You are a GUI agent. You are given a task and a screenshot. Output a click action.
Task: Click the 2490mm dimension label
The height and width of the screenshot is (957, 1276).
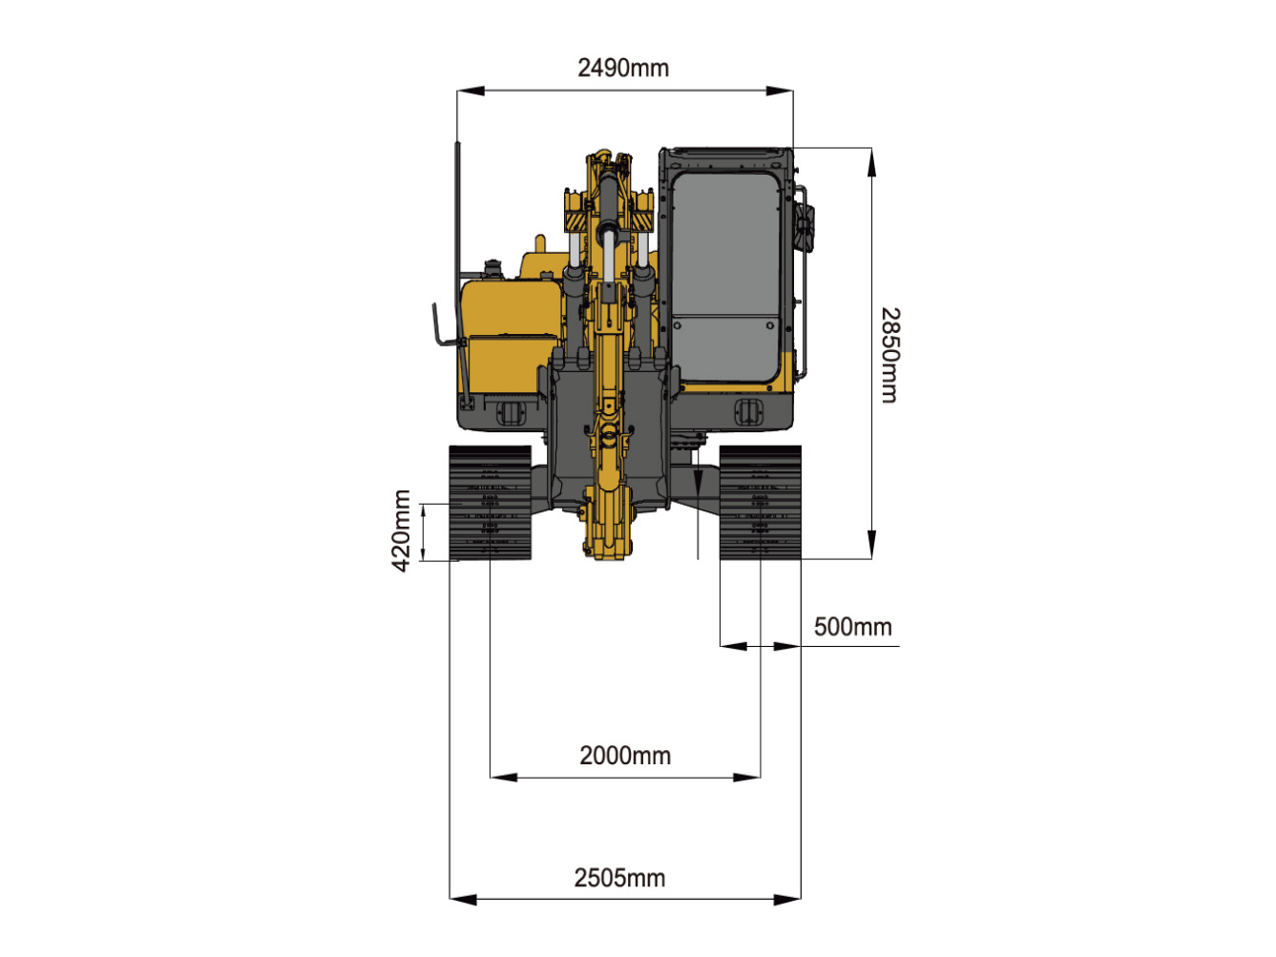point(622,68)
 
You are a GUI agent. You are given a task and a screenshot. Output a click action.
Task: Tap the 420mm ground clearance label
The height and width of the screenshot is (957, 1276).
point(402,531)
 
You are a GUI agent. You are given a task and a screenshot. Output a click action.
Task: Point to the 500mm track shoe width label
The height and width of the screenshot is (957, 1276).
point(852,627)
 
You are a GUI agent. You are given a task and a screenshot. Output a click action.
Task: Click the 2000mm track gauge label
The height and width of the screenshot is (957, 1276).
point(625,756)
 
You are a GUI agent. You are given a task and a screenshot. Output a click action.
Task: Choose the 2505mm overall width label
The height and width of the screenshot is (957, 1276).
point(619,878)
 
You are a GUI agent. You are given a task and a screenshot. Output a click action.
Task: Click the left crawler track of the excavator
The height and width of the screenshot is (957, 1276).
point(490,503)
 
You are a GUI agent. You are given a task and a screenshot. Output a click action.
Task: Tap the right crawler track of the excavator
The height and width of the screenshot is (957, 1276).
point(761,503)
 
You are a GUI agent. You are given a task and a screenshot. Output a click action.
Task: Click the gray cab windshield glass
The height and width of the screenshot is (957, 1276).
point(725,277)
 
